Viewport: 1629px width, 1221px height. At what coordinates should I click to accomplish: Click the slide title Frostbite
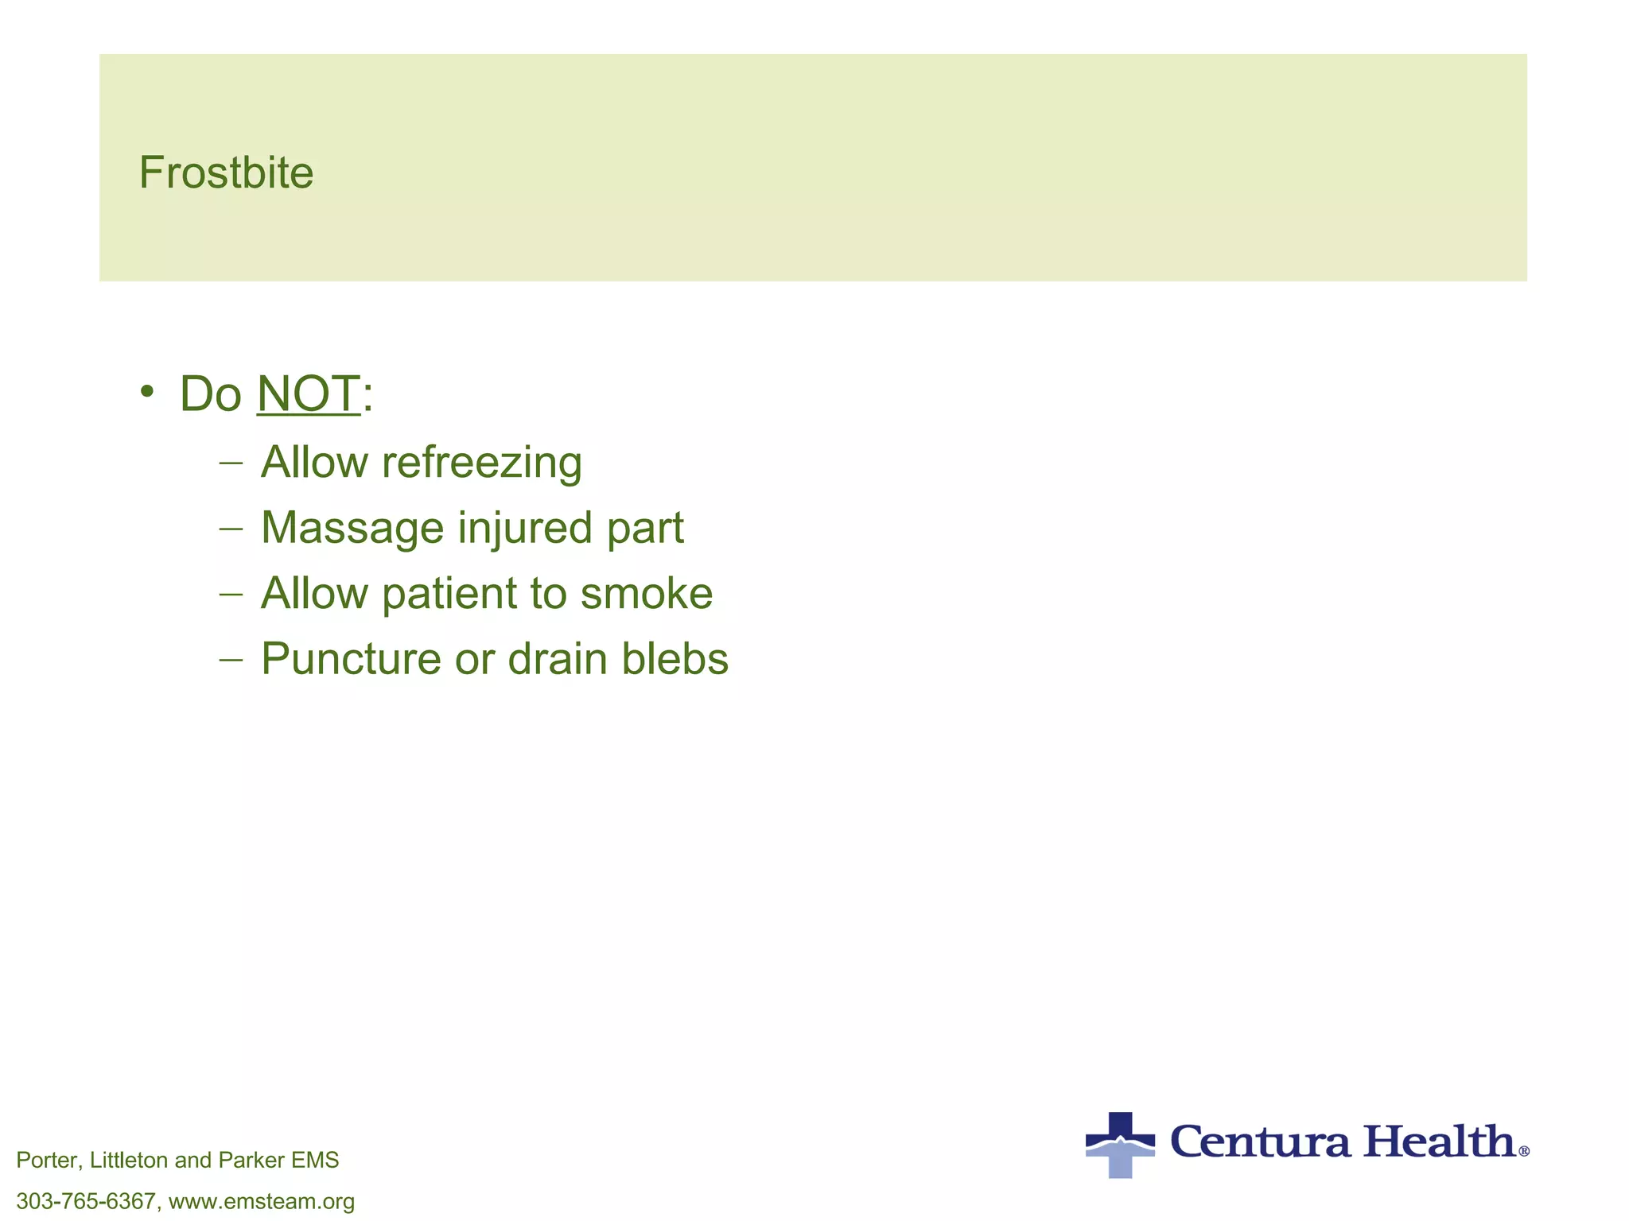(226, 172)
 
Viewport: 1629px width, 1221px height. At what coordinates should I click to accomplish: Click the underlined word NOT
(309, 393)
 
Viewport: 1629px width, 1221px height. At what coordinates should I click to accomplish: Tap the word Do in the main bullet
(210, 393)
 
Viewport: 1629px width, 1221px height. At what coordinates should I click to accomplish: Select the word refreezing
(481, 463)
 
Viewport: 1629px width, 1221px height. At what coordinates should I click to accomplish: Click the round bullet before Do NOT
(146, 391)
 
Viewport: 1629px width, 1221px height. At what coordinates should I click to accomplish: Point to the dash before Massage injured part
(231, 528)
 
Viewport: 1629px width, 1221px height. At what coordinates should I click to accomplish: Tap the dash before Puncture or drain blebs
(231, 659)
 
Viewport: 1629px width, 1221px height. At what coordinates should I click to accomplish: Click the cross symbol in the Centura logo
(1120, 1144)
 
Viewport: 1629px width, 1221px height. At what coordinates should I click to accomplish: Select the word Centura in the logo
(1261, 1142)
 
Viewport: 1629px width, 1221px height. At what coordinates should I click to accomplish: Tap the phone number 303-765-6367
(86, 1201)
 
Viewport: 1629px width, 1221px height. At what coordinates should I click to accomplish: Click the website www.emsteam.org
(262, 1201)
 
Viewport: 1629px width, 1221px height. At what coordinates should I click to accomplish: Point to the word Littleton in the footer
(128, 1161)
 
